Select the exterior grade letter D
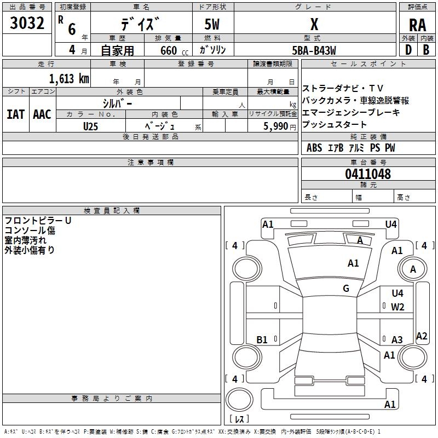[x=408, y=49]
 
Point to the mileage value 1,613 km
[x=68, y=78]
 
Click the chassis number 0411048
[x=367, y=174]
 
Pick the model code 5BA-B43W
[x=314, y=50]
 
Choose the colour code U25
[x=91, y=125]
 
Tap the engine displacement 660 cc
[x=169, y=50]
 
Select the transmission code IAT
[x=15, y=114]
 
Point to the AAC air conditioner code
[x=42, y=114]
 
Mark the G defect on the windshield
[x=346, y=289]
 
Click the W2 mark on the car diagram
[x=397, y=307]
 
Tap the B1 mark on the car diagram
[x=262, y=340]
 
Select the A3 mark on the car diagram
[x=397, y=340]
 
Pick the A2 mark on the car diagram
[x=422, y=336]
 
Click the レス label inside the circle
[x=239, y=419]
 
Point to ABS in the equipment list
[x=314, y=148]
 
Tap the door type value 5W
[x=212, y=25]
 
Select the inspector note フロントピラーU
[x=38, y=221]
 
